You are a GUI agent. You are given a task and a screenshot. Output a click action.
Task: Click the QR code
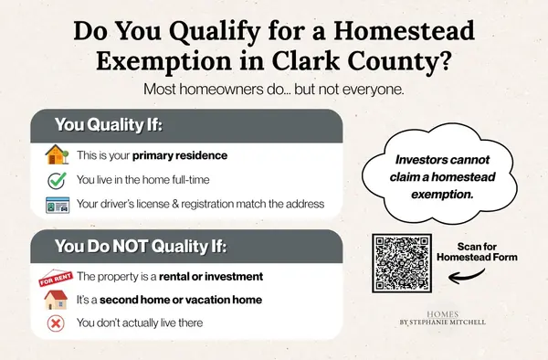(402, 263)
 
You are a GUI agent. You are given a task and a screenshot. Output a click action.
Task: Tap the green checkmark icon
(55, 180)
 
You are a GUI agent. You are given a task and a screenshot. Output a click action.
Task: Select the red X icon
(55, 322)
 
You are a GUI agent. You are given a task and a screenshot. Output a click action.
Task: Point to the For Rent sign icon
(54, 276)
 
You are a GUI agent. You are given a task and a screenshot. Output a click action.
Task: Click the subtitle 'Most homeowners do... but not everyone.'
(273, 91)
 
